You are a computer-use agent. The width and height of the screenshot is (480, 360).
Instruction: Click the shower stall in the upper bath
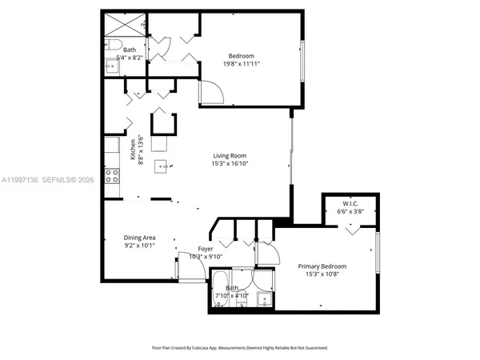(x=123, y=23)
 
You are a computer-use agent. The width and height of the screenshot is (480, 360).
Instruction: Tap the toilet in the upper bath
(x=113, y=44)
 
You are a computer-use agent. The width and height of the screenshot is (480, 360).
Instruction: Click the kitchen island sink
(x=170, y=166)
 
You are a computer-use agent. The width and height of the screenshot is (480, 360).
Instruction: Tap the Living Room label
(x=229, y=156)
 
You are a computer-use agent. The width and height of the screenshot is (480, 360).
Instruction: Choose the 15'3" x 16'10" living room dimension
(x=229, y=166)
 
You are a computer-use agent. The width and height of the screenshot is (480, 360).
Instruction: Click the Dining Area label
(x=139, y=238)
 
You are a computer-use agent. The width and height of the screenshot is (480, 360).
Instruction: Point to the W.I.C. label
(x=349, y=204)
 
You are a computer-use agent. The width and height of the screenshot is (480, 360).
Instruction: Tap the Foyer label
(x=206, y=248)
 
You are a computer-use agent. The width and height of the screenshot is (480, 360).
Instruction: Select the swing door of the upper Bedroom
(x=212, y=94)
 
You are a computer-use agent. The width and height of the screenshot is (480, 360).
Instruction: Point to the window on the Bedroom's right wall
(x=302, y=60)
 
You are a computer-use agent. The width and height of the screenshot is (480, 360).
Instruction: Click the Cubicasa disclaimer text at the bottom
(x=240, y=348)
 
